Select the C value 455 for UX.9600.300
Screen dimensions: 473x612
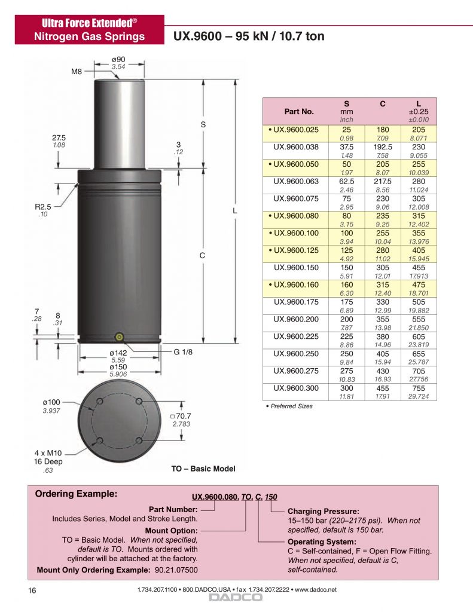point(382,388)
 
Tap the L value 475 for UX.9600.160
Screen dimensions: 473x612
point(419,285)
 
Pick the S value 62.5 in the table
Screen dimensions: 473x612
point(346,182)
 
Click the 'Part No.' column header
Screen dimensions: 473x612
point(299,111)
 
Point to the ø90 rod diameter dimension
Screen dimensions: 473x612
point(118,59)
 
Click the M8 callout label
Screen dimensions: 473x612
point(77,72)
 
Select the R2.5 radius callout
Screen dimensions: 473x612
point(43,207)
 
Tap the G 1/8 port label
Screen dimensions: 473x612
point(183,352)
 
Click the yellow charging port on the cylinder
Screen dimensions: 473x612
point(120,336)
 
